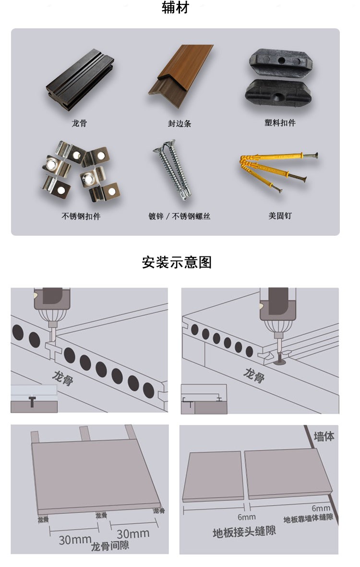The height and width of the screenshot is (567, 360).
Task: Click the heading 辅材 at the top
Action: [175, 8]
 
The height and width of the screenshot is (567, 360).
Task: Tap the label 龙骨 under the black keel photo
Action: [79, 123]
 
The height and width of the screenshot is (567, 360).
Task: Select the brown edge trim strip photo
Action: [181, 75]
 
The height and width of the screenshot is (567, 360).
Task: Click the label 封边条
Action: [179, 124]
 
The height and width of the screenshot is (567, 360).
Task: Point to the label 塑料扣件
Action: [280, 123]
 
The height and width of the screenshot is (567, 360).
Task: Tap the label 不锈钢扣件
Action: [81, 216]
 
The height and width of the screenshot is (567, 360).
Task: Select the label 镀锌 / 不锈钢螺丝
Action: [179, 216]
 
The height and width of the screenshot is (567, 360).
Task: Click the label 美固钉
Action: [280, 216]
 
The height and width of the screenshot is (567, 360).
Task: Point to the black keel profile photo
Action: [80, 80]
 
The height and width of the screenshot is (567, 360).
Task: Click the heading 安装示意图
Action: [176, 263]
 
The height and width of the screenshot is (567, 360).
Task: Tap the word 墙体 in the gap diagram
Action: [324, 436]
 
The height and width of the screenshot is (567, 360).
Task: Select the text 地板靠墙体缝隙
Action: [308, 518]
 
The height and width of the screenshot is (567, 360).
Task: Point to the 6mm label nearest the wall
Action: [321, 508]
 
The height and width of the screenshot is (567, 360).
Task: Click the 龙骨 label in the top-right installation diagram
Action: [254, 375]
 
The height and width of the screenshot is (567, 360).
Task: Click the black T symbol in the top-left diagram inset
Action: [32, 401]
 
